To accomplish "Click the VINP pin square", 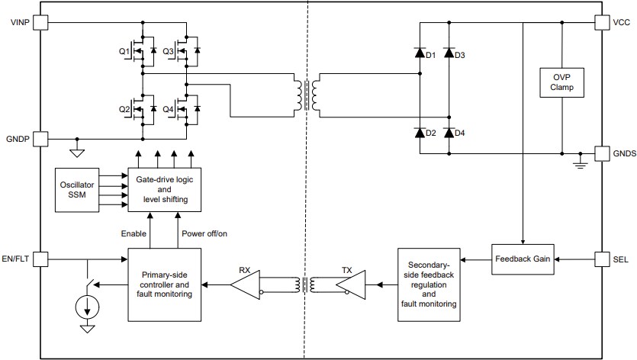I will pos(40,23).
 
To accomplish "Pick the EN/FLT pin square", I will pos(40,259).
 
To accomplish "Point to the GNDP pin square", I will pos(40,139).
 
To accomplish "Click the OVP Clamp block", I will pos(561,83).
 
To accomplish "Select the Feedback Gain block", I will pos(523,259).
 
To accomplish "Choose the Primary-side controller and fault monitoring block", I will pos(166,284).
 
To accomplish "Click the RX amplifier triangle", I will pos(246,287).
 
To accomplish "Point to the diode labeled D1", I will pos(420,53).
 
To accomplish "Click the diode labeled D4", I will pos(449,132).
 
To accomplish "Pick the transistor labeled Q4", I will pos(184,108).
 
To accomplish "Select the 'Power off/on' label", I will pos(204,233).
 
